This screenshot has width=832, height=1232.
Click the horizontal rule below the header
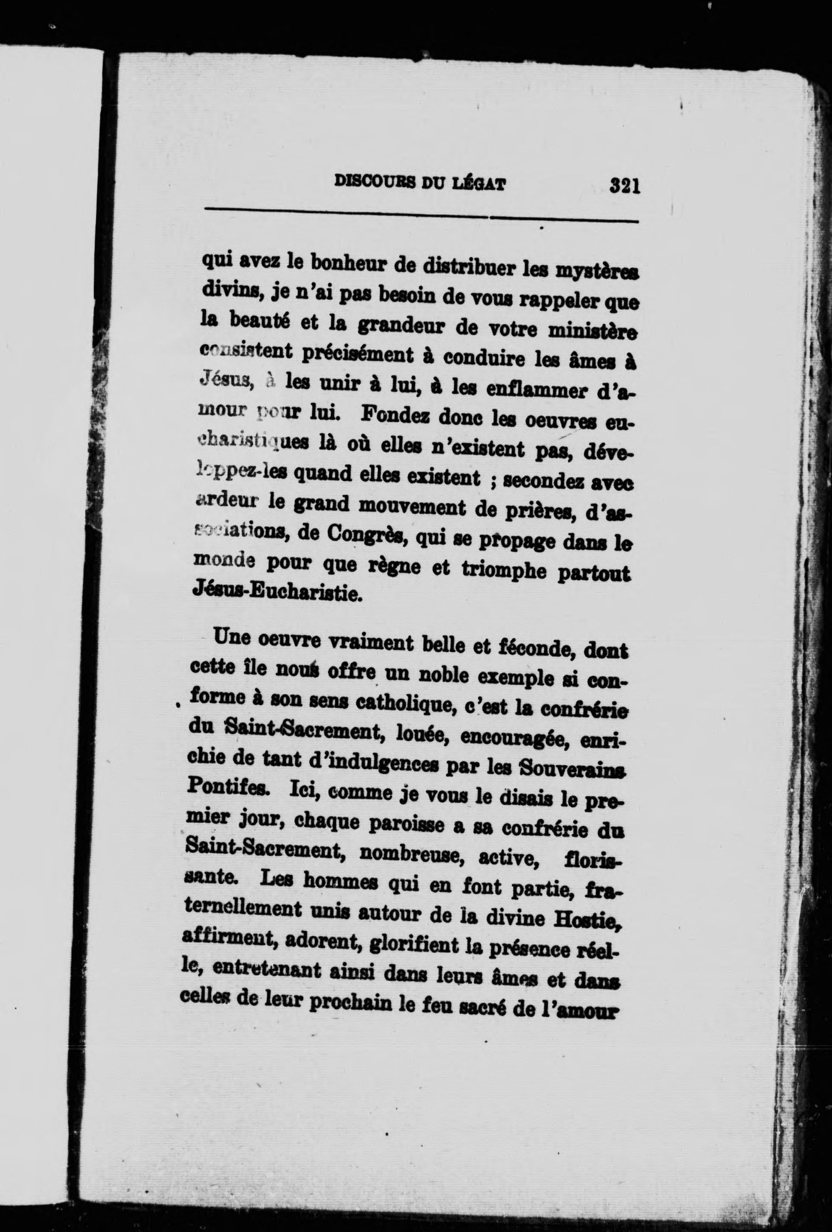click(x=421, y=217)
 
